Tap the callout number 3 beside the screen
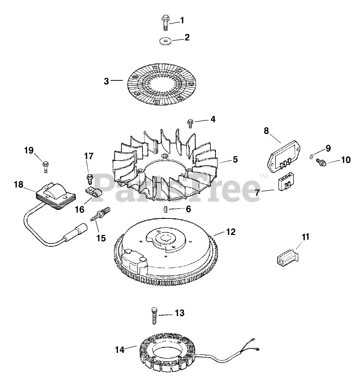point(106,80)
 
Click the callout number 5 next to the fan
point(235,160)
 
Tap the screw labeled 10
point(320,162)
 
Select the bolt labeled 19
point(45,164)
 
